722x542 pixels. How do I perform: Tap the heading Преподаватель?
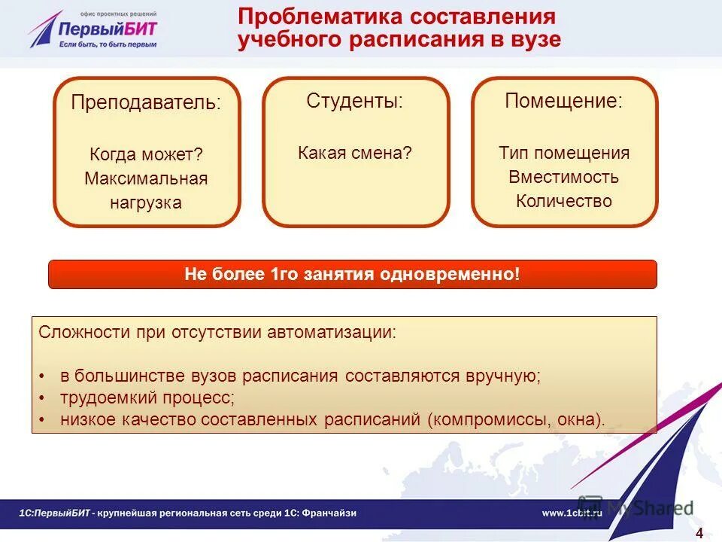tap(147, 103)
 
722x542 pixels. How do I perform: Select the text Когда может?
tap(147, 154)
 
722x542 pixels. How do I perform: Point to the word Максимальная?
tap(146, 178)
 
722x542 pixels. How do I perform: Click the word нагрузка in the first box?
tap(146, 202)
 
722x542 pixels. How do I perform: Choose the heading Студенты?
tap(355, 101)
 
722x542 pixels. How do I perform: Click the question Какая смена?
tap(355, 153)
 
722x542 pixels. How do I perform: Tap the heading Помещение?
tap(564, 101)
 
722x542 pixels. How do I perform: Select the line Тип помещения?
tap(564, 153)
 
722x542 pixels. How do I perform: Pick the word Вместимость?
tap(564, 177)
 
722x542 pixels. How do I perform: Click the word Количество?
tap(564, 201)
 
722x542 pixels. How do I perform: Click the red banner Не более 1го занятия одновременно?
tap(352, 275)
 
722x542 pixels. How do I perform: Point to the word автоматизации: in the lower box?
tap(331, 332)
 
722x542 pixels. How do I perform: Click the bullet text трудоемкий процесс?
tap(147, 397)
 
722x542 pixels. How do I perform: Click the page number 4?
tap(699, 534)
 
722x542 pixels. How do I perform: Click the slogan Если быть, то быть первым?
tap(108, 44)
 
